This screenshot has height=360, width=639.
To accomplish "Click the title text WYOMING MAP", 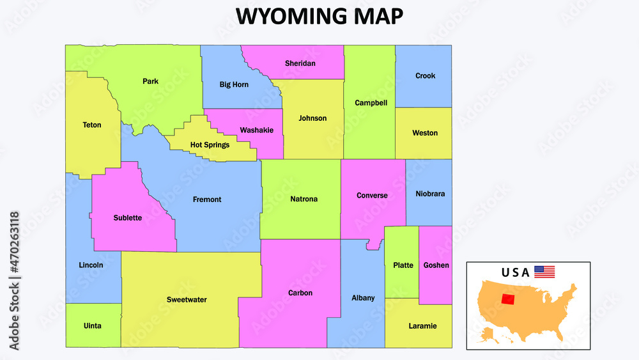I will pyautogui.click(x=319, y=17).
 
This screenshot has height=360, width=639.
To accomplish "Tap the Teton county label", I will pyautogui.click(x=92, y=125).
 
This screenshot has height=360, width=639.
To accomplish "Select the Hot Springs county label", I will pyautogui.click(x=210, y=145).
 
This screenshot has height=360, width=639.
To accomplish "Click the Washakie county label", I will pyautogui.click(x=256, y=130).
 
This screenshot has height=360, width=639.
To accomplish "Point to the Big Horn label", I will pyautogui.click(x=234, y=84).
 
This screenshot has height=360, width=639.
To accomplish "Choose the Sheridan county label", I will pyautogui.click(x=300, y=63).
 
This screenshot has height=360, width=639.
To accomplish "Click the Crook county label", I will pyautogui.click(x=425, y=75).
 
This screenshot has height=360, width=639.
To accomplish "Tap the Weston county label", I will pyautogui.click(x=425, y=133).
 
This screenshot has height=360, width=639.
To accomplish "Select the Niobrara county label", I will pyautogui.click(x=430, y=194).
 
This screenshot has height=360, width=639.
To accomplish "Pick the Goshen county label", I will pyautogui.click(x=436, y=265).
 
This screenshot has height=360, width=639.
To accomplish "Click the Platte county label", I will pyautogui.click(x=403, y=265).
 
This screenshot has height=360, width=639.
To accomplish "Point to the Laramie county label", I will pyautogui.click(x=422, y=326).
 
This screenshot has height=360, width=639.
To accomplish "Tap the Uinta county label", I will pyautogui.click(x=92, y=326).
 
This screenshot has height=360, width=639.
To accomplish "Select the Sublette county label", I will pyautogui.click(x=128, y=218).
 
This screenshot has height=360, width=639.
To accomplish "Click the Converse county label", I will pyautogui.click(x=372, y=196).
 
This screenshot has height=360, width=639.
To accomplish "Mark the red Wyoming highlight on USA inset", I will pyautogui.click(x=509, y=299).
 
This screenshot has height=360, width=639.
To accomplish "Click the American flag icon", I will pyautogui.click(x=544, y=272).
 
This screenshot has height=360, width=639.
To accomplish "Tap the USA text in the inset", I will pyautogui.click(x=515, y=272).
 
